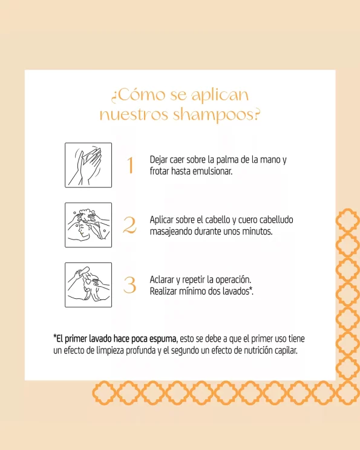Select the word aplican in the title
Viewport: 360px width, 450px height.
[x=220, y=96]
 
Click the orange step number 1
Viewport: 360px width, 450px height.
[x=130, y=165]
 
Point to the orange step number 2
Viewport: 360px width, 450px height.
[x=129, y=225]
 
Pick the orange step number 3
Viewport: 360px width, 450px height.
[x=129, y=285]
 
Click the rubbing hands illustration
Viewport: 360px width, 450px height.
[x=88, y=165]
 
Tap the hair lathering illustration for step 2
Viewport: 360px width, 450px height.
[x=88, y=225]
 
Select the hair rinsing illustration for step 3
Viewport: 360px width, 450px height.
[x=88, y=285]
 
